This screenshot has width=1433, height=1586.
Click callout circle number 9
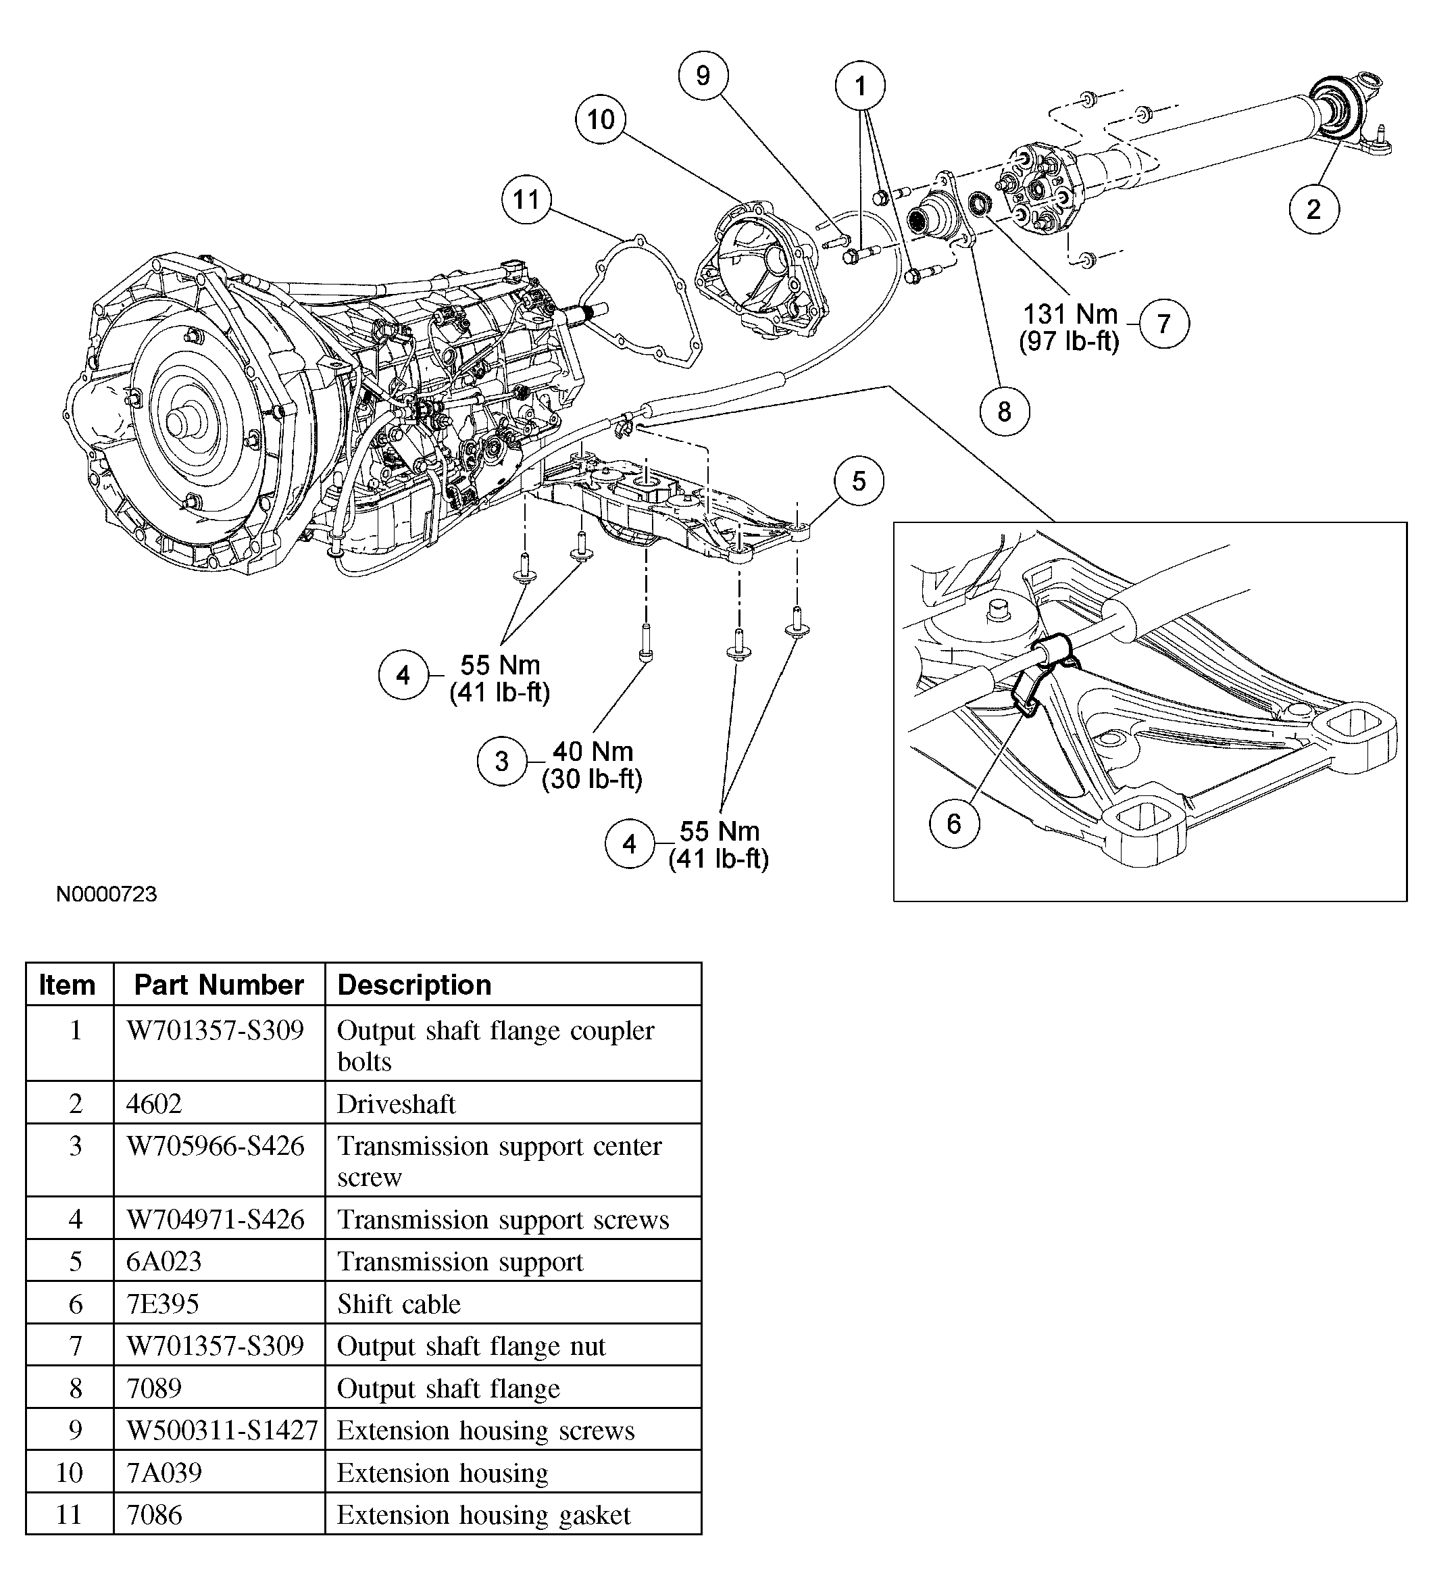pyautogui.click(x=703, y=76)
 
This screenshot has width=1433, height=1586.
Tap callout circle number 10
pyautogui.click(x=600, y=120)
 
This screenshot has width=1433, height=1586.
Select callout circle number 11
pyautogui.click(x=526, y=199)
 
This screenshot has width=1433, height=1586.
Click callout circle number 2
pyautogui.click(x=1313, y=209)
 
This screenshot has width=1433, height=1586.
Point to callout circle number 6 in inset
pyautogui.click(x=953, y=824)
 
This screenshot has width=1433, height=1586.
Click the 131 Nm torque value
pyautogui.click(x=1070, y=314)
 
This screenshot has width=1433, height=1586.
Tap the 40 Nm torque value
pyautogui.click(x=593, y=751)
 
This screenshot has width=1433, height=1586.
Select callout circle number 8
pyautogui.click(x=1005, y=412)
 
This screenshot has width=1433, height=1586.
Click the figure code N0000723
pyautogui.click(x=106, y=895)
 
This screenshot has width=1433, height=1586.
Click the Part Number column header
pyautogui.click(x=219, y=984)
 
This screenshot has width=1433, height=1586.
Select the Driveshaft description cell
pyautogui.click(x=397, y=1104)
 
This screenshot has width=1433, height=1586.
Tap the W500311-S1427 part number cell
pyautogui.click(x=221, y=1429)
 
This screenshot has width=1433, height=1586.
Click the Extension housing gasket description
pyautogui.click(x=484, y=1514)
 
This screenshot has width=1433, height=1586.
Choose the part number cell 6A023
pyautogui.click(x=164, y=1261)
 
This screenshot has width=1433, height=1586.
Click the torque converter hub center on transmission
pyautogui.click(x=182, y=422)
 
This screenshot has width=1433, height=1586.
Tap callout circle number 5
pyautogui.click(x=858, y=480)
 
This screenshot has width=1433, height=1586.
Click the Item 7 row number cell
pyautogui.click(x=76, y=1346)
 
